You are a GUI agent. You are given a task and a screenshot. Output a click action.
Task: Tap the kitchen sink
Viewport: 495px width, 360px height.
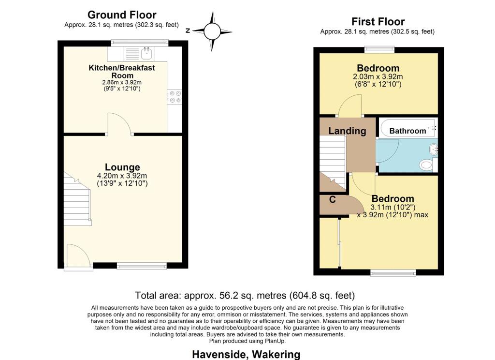[x=146, y=53]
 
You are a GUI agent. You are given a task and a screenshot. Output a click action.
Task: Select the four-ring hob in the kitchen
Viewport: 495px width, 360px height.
[x=175, y=96]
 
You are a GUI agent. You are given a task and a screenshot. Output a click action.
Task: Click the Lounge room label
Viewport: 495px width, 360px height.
[x=122, y=167]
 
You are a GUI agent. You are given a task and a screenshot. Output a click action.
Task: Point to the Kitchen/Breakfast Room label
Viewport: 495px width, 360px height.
[x=122, y=72]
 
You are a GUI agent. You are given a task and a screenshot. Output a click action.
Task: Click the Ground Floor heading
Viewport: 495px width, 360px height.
[x=122, y=15]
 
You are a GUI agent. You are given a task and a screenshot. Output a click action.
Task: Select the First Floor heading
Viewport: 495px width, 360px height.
[x=378, y=21]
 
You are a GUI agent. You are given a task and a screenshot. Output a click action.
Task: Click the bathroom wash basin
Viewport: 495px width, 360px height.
[x=434, y=148]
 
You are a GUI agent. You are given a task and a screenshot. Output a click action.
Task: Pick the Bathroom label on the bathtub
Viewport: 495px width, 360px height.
[x=408, y=131]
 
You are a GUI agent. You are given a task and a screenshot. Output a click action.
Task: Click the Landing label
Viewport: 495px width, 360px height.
[x=347, y=131]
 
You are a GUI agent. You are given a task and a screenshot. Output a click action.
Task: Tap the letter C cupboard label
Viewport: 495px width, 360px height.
[x=333, y=199]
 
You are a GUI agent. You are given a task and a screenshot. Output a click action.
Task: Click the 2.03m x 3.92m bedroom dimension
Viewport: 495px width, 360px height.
[x=378, y=76]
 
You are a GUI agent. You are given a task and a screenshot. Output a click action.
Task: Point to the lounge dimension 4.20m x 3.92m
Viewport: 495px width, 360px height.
[x=122, y=176]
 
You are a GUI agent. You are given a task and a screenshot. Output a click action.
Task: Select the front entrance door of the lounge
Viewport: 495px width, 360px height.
[x=78, y=257]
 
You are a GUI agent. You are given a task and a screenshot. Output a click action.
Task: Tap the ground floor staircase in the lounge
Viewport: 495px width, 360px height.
[x=77, y=199]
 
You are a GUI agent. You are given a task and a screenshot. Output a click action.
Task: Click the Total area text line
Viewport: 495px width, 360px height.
[x=245, y=296]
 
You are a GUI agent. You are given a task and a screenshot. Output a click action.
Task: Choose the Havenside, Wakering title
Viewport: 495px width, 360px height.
[x=246, y=354]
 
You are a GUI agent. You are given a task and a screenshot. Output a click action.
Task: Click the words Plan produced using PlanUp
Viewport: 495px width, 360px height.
[x=247, y=341]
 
